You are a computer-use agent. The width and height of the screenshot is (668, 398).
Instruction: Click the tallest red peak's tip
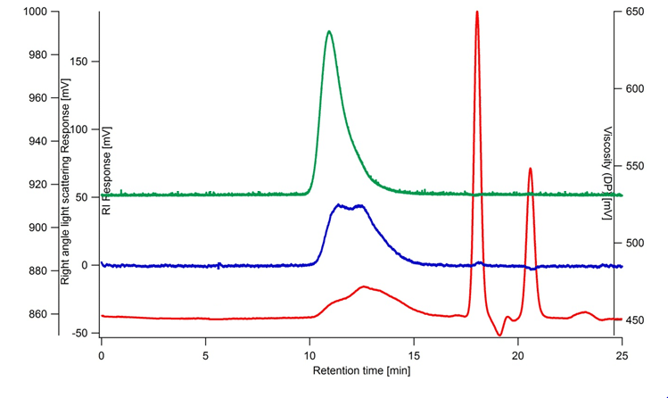point(477,12)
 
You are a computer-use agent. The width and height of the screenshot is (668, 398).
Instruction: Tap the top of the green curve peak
point(329,32)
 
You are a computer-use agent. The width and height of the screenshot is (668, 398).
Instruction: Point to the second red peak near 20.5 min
point(530,169)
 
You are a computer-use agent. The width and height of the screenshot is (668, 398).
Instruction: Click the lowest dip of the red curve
point(500,335)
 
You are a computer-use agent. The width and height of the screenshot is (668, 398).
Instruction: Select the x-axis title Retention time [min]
point(361,369)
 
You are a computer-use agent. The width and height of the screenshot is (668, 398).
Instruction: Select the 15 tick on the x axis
point(414,353)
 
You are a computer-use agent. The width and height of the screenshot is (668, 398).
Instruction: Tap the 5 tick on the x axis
point(206,353)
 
